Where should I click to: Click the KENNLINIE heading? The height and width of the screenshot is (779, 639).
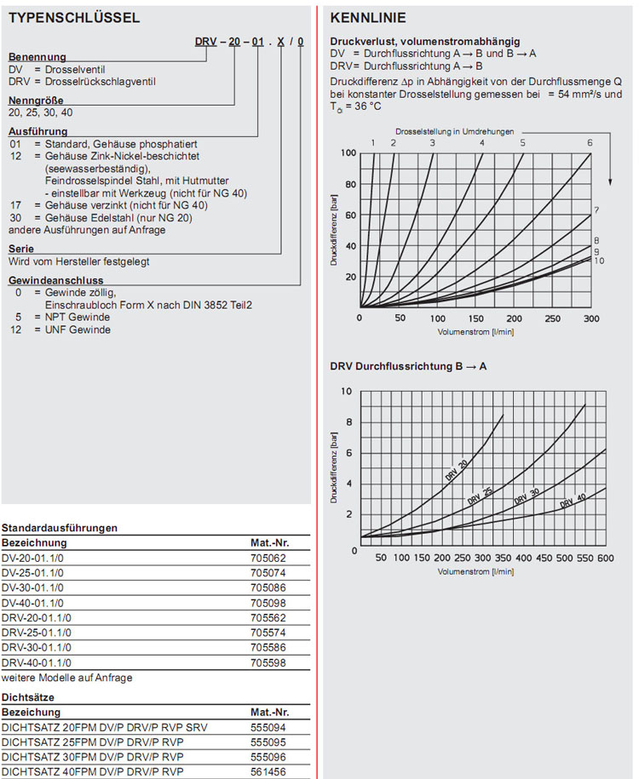click(x=368, y=18)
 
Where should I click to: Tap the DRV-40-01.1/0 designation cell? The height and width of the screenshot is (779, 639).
click(x=37, y=662)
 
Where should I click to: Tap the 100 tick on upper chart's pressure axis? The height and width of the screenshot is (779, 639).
click(x=348, y=153)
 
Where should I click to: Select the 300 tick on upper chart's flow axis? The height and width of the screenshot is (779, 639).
click(x=590, y=318)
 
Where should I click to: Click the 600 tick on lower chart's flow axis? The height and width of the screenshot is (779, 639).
click(x=605, y=558)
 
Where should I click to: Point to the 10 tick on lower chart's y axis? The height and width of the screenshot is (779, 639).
click(x=345, y=392)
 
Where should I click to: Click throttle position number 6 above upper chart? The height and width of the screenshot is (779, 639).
click(x=589, y=143)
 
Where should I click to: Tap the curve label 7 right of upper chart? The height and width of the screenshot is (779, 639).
click(x=597, y=210)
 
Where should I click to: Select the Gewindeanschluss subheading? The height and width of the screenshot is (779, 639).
click(x=55, y=280)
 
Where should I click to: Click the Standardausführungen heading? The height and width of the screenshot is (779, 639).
click(x=59, y=528)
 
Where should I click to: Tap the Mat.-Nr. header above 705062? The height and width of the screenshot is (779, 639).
click(x=270, y=542)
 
